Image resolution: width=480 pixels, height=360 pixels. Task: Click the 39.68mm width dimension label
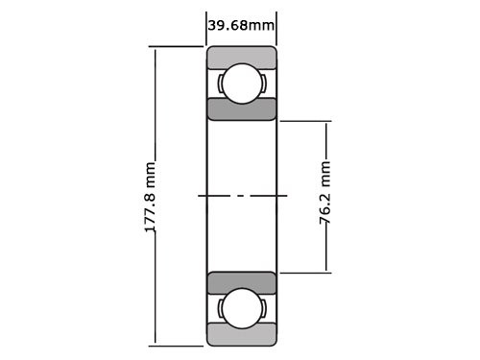coord(241,24)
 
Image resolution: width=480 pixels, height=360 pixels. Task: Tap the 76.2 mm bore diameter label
coord(326,197)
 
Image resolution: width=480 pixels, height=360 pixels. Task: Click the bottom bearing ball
coord(241,309)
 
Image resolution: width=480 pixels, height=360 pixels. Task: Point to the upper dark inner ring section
coord(242,108)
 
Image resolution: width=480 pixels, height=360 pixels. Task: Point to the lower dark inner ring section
coord(242,282)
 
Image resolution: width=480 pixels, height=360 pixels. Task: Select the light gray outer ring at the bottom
coord(242,335)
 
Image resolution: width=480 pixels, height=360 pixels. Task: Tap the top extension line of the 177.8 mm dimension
coord(178,46)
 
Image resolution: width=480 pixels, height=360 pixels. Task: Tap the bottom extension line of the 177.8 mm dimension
coord(178,345)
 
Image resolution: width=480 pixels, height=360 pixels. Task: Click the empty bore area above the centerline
coord(242,158)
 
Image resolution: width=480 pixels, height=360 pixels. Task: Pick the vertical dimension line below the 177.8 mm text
coord(152,298)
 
